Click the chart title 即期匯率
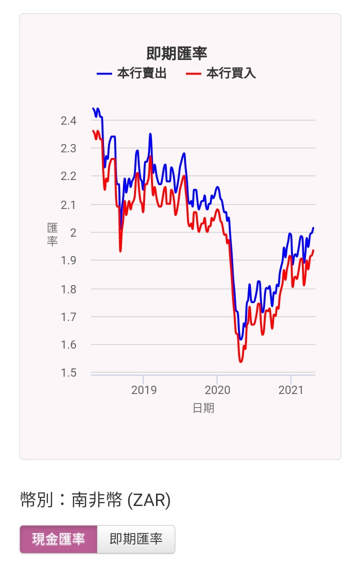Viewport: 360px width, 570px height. [176, 53]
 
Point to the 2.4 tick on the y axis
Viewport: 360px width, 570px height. [68, 120]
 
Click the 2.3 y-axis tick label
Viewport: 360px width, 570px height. [68, 148]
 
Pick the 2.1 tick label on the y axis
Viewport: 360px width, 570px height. [68, 205]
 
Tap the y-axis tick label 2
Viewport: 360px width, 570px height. [73, 232]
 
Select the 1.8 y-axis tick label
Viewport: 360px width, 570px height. [68, 289]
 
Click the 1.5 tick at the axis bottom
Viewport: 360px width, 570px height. [68, 373]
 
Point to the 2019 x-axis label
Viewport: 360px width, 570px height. [143, 390]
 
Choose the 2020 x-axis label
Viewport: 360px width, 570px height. [217, 390]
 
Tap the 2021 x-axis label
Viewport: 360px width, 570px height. [291, 390]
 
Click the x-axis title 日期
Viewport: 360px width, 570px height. [203, 408]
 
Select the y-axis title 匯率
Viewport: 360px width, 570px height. [52, 234]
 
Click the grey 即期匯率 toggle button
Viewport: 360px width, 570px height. [135, 539]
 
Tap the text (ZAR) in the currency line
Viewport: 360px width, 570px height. [148, 500]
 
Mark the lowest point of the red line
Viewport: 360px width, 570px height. [240, 361]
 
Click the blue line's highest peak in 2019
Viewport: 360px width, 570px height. [150, 134]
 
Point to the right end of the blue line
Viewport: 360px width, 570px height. [313, 228]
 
